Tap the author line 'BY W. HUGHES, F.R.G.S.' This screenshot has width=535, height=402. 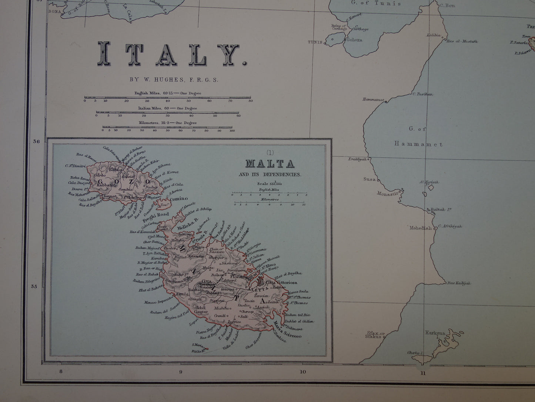[174, 79]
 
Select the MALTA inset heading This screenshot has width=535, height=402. [270, 164]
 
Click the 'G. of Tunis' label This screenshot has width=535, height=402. [376, 3]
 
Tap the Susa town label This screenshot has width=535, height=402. [369, 179]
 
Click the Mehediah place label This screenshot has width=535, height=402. [421, 228]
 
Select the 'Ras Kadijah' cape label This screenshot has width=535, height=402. [459, 283]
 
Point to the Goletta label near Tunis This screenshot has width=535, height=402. [354, 40]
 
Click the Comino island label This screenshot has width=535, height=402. [179, 199]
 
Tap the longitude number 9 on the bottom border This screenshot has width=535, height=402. [181, 372]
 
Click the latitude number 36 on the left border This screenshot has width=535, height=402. [36, 141]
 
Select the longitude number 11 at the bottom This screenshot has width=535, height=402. [423, 373]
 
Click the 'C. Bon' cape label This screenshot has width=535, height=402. [448, 5]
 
